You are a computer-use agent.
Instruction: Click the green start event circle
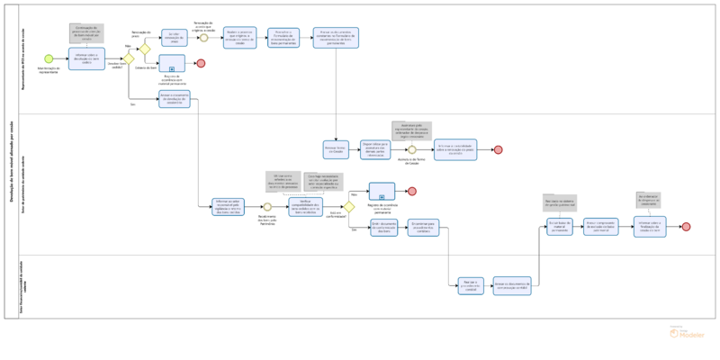[x=49, y=59]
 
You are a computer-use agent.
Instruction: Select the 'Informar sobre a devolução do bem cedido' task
[x=86, y=58]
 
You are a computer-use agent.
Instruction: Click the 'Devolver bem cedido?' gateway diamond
[x=129, y=59]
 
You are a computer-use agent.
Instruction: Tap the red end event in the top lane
[x=202, y=63]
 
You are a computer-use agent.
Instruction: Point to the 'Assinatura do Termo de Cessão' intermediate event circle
[x=411, y=149]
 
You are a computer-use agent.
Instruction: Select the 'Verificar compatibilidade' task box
[x=305, y=206]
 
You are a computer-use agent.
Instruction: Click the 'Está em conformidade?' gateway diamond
[x=349, y=207]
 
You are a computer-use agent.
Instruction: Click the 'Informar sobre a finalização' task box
[x=650, y=226]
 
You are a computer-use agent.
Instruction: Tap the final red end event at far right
[x=686, y=227]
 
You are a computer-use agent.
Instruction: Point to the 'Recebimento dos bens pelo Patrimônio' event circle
[x=267, y=206]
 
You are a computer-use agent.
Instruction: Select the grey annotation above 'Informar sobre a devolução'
[x=86, y=33]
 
